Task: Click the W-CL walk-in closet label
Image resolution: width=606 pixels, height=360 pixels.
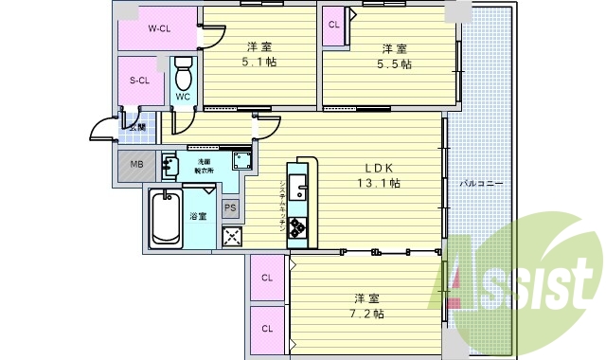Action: coord(158,27)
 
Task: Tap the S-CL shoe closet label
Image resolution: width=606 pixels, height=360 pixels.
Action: coord(140,81)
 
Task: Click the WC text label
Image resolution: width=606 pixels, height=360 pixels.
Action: coord(184,96)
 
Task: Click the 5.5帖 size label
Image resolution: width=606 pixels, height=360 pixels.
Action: coord(396,64)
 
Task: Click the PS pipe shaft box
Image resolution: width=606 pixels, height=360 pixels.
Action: coord(230,208)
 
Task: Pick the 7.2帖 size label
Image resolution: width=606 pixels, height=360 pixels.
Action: coord(365,313)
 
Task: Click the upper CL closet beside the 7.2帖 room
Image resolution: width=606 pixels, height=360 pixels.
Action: coord(267,278)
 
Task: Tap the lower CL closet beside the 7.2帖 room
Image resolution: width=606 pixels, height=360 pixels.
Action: coord(267,329)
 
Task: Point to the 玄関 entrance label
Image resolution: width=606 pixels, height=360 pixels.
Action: coord(137,127)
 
